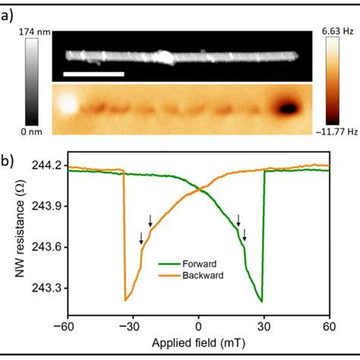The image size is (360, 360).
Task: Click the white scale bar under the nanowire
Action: click(93, 74)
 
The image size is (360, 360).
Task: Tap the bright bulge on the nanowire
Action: click(163, 56)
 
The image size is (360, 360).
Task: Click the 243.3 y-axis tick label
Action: click(50, 289)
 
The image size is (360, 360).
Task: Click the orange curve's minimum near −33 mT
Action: click(125, 301)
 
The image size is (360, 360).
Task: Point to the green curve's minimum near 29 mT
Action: click(262, 301)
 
